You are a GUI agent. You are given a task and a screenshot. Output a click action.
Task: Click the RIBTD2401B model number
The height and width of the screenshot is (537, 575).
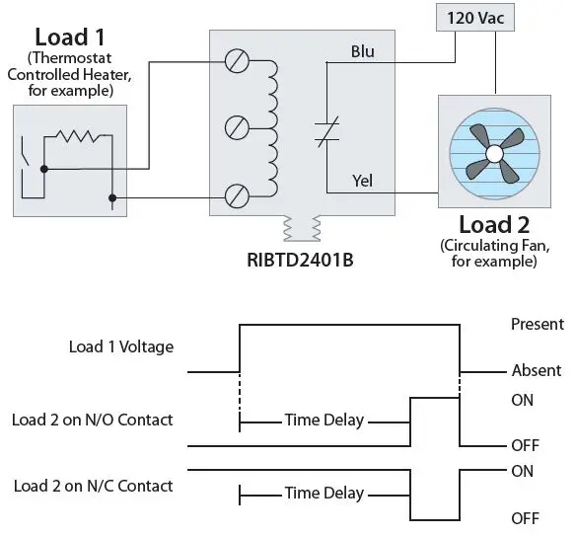(x=302, y=262)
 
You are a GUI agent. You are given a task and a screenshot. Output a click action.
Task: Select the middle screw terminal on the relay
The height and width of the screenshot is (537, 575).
(x=236, y=127)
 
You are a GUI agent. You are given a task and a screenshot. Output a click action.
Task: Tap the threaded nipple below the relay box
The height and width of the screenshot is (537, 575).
(x=302, y=230)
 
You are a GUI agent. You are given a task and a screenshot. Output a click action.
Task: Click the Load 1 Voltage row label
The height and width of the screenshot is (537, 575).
(x=121, y=346)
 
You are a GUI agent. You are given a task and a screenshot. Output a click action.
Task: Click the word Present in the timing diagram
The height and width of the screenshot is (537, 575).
(x=537, y=324)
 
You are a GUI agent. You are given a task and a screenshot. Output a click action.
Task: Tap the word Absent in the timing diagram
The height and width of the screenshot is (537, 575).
(x=537, y=371)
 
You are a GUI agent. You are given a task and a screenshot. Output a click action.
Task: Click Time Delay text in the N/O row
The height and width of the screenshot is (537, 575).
(x=323, y=421)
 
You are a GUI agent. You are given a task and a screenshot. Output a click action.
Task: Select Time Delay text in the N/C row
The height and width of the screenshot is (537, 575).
(x=323, y=493)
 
